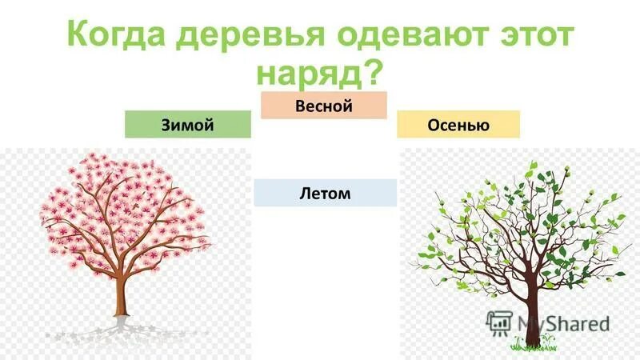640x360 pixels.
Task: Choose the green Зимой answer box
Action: click(188, 124)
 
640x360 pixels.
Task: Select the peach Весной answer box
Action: click(324, 105)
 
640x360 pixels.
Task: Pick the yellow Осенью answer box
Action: click(458, 124)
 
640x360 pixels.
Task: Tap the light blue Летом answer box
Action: click(325, 192)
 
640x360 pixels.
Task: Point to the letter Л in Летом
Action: click(305, 193)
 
